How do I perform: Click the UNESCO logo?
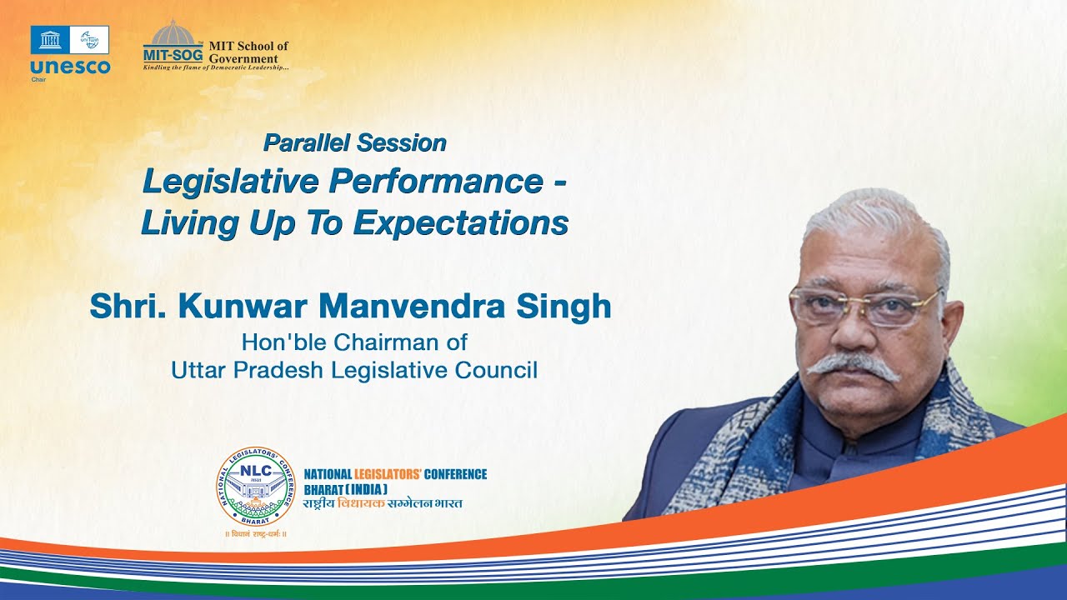[70, 50]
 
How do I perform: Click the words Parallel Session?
[355, 142]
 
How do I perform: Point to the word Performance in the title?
[437, 182]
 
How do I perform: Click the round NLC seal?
[256, 487]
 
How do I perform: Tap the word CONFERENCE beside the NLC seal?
[455, 474]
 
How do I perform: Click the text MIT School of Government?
[248, 52]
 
